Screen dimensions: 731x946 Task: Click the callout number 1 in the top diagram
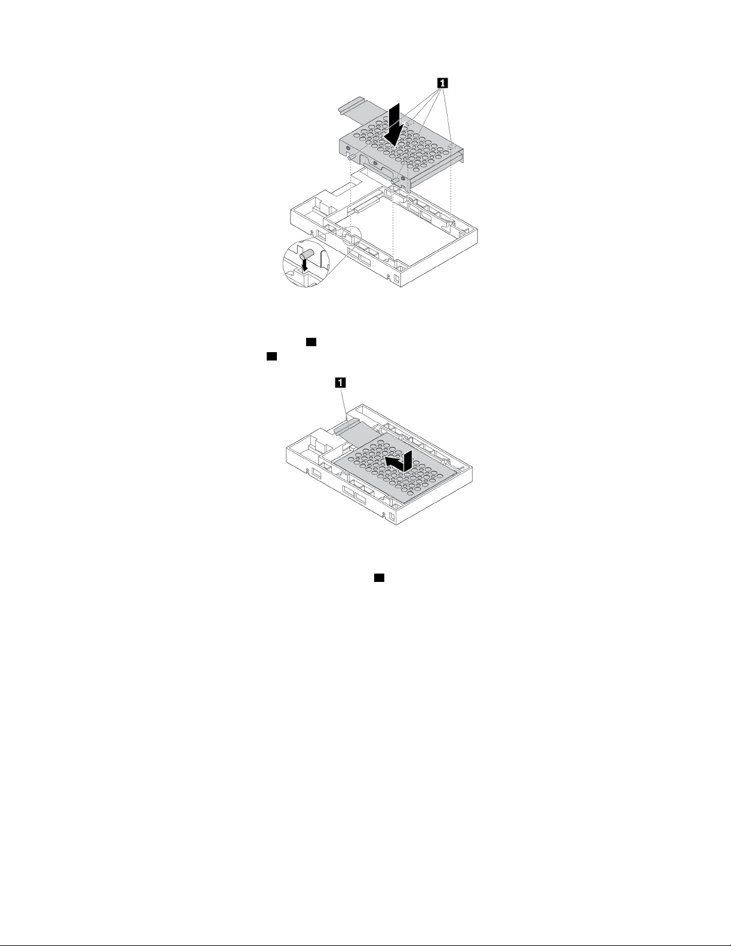click(x=442, y=83)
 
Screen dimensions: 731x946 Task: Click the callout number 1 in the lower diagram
click(x=340, y=383)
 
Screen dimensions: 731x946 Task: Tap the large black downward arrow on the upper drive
click(x=393, y=124)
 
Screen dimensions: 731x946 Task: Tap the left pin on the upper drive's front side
click(x=353, y=157)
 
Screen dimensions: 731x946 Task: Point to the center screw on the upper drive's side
click(x=374, y=162)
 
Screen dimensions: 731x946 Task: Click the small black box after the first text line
click(x=310, y=342)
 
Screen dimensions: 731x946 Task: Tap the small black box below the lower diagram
click(x=378, y=578)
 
